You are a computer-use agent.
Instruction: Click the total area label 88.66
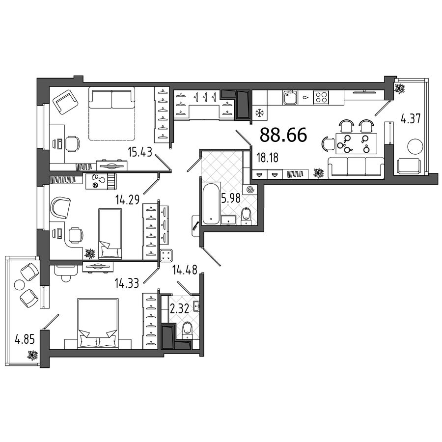point(283,135)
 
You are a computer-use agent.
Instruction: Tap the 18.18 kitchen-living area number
point(267,158)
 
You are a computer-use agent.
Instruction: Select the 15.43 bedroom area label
point(140,153)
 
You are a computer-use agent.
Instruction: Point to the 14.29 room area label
point(127,200)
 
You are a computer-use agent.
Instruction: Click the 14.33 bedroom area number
point(127,283)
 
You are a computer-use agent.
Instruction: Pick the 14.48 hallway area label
point(185,270)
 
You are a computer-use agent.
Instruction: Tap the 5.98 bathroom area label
point(231,198)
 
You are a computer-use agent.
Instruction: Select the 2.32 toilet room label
point(179,309)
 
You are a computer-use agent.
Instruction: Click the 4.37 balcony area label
point(411,119)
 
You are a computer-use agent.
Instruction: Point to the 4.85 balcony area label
point(25,339)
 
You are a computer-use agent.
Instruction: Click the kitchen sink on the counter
point(290,98)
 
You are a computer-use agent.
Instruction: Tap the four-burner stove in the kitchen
point(321,98)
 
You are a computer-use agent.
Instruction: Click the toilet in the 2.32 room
point(187,331)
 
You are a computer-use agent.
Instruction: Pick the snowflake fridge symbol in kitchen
point(259,113)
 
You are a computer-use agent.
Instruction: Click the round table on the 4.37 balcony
point(415,146)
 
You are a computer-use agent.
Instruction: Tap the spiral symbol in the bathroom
point(250,189)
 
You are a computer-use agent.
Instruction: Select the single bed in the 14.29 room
point(110,233)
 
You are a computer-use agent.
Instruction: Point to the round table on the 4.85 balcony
point(20,284)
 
